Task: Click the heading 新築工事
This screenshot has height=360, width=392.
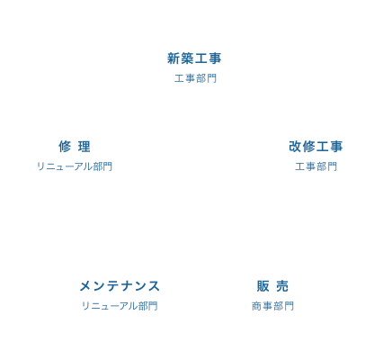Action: click(x=194, y=58)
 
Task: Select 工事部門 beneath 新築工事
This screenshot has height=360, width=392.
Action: click(x=195, y=78)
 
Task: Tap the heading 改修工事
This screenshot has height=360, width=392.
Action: click(x=316, y=147)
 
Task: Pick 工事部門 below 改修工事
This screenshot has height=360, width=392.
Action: click(x=316, y=166)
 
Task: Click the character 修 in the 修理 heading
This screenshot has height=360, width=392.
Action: click(x=65, y=147)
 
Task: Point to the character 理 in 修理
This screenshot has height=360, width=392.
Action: click(x=84, y=147)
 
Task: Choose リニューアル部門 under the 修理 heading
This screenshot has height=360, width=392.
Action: click(x=75, y=166)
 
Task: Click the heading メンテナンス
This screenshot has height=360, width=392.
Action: click(x=120, y=286)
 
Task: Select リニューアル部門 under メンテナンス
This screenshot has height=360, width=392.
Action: click(x=120, y=306)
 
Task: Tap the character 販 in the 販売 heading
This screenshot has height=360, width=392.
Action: click(x=263, y=286)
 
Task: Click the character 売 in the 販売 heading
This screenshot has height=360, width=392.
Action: click(x=282, y=286)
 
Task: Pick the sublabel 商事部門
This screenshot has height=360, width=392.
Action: click(x=272, y=306)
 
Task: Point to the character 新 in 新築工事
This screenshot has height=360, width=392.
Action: click(x=174, y=58)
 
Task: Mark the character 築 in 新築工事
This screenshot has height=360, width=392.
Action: click(x=187, y=58)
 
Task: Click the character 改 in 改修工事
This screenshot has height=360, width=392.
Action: click(x=295, y=147)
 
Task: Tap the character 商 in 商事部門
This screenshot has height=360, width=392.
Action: click(x=257, y=306)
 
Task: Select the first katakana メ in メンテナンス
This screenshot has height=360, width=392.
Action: click(x=85, y=286)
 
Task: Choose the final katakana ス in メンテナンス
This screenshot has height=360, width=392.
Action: click(x=154, y=286)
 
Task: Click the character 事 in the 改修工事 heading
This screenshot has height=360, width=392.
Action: click(x=336, y=147)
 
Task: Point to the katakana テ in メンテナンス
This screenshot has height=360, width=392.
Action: click(x=112, y=286)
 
